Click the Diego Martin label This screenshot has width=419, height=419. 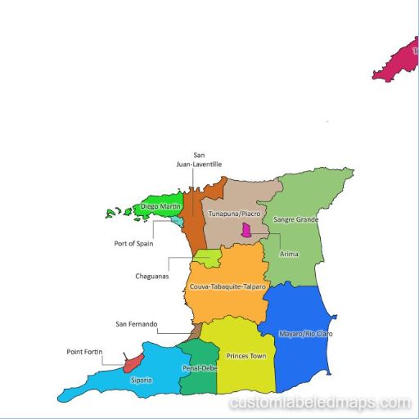click(x=160, y=207)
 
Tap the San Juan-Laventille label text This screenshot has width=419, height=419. click(x=198, y=160)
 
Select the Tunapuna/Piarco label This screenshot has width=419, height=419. click(x=233, y=214)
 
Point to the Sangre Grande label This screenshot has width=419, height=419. click(x=295, y=219)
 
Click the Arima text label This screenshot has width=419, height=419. click(x=289, y=254)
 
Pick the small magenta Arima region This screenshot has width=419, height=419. click(x=245, y=232)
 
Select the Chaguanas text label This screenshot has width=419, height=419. click(x=151, y=276)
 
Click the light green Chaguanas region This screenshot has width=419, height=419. click(x=209, y=259)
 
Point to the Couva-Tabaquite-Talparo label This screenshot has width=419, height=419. click(x=228, y=287)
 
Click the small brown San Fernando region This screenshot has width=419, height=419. click(x=195, y=331)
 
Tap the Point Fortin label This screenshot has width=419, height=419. click(x=84, y=352)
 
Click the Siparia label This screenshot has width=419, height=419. click(x=141, y=380)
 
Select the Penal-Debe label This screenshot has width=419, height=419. click(x=199, y=367)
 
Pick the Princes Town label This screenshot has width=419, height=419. click(x=247, y=356)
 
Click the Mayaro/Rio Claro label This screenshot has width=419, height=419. click(x=306, y=334)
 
